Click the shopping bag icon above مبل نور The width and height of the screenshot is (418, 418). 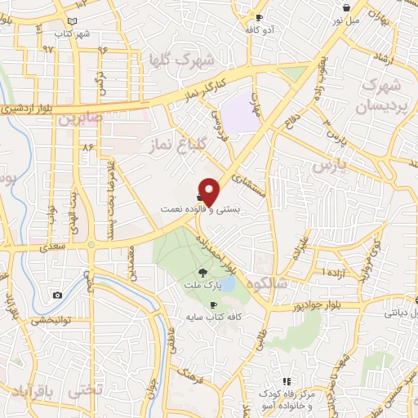pos(348,8)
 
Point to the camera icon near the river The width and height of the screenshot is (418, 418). pos(57,295)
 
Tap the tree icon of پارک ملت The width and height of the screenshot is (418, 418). pos(202,273)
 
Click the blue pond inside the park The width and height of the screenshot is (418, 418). pos(228,283)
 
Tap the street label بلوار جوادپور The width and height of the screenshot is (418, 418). pos(322,306)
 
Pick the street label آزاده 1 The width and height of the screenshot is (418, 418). pos(336,270)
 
